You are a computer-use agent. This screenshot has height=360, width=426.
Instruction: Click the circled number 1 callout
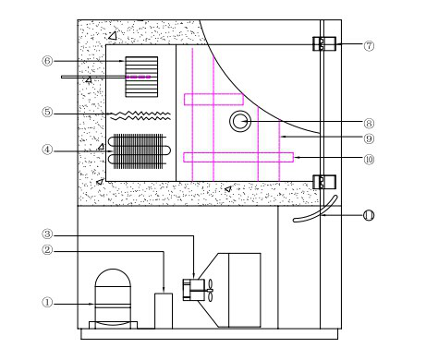(x=47, y=303)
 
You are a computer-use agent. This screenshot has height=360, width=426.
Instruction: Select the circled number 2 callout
(x=47, y=250)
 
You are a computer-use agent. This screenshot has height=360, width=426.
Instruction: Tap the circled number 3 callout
(x=47, y=234)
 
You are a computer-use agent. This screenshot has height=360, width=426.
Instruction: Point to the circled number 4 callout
(x=47, y=150)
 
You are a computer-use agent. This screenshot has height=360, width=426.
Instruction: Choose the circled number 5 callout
(x=47, y=112)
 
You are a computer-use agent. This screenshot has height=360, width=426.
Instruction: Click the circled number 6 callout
(x=47, y=61)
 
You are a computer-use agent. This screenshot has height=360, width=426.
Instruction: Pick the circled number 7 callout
(x=369, y=46)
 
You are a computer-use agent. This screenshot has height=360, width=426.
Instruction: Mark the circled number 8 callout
(x=369, y=124)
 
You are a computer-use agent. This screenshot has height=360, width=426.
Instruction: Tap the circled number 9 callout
(x=369, y=138)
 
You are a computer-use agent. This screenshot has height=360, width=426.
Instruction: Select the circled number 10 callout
(x=369, y=160)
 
